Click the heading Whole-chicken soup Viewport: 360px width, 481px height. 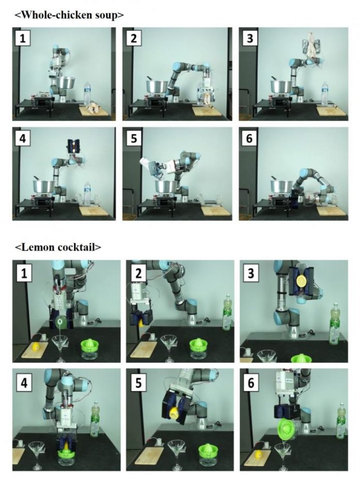(69, 14)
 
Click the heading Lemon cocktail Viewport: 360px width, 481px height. (58, 246)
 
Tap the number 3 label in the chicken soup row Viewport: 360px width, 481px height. (250, 38)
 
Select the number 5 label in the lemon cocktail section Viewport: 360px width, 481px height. (139, 383)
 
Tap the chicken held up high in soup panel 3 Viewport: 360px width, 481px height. (311, 48)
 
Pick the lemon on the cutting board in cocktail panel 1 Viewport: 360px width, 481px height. (36, 346)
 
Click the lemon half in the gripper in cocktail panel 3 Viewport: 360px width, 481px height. (301, 280)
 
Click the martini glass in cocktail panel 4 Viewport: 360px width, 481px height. (38, 454)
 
